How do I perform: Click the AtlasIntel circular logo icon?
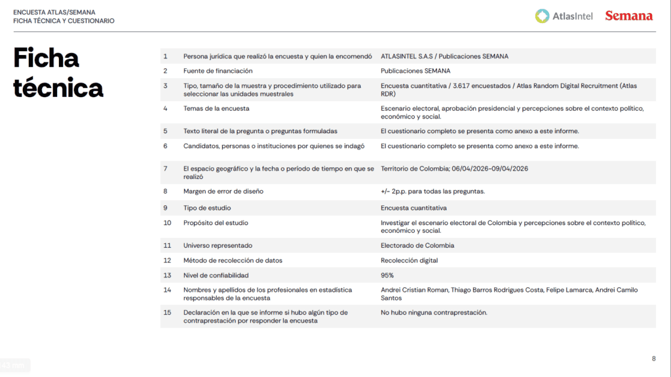542,16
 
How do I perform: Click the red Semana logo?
628,16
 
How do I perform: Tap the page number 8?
653,358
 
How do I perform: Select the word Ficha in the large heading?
46,58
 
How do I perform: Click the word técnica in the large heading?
58,87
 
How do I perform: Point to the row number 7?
166,169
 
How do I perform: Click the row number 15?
167,313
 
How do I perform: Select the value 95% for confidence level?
387,275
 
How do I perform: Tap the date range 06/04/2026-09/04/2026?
489,169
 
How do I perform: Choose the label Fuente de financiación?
218,71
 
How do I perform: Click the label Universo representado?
218,246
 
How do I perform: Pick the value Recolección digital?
410,260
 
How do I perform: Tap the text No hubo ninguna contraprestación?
434,313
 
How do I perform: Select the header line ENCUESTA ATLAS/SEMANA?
55,12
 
